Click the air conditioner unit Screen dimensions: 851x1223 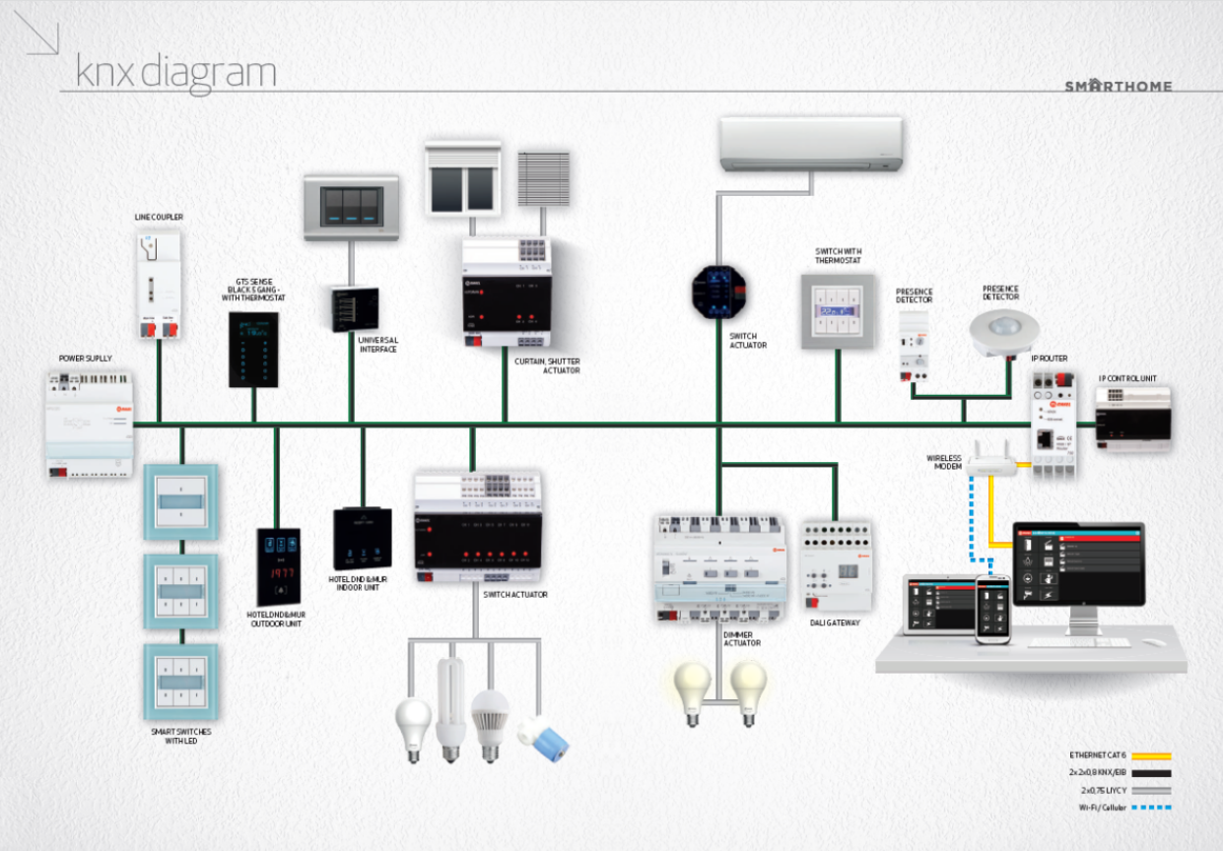point(811,144)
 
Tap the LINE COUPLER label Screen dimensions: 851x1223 point(159,217)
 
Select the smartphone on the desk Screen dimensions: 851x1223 point(993,610)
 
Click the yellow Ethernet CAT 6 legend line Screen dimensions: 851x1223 point(1150,755)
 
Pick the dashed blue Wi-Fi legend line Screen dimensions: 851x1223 point(1150,808)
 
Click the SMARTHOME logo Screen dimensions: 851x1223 point(1119,86)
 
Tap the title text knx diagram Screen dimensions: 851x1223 point(175,72)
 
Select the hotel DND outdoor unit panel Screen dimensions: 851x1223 point(279,566)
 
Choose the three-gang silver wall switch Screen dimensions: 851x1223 point(354,207)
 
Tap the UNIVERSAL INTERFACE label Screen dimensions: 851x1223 point(378,345)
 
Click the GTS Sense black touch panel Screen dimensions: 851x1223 point(253,350)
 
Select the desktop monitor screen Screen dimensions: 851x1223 point(1078,563)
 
